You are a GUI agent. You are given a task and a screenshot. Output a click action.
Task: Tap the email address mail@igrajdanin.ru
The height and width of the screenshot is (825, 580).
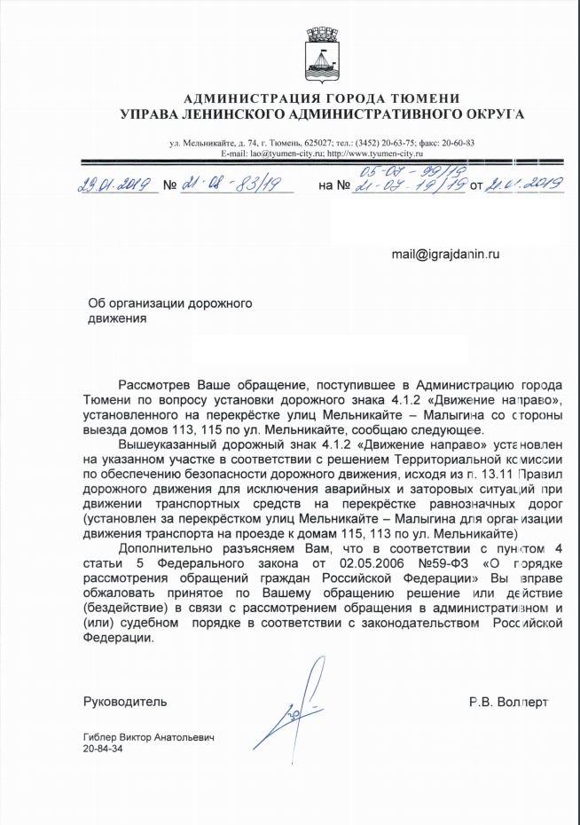(446, 254)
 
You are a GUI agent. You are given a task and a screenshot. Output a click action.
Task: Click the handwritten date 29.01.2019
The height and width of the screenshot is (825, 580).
(114, 185)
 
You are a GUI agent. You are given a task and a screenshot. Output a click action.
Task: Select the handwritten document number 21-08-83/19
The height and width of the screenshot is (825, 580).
(233, 185)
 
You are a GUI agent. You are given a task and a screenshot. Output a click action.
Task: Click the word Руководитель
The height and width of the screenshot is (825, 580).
(125, 701)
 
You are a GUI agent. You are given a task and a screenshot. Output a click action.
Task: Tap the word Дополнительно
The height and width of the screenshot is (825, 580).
(161, 551)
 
